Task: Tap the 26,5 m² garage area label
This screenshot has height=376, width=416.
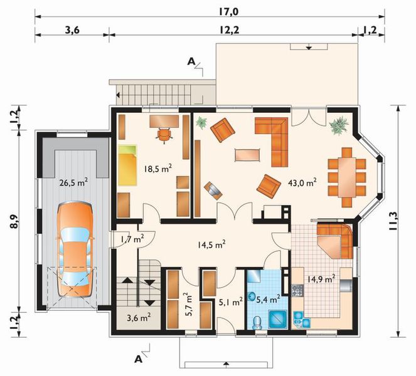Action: coord(73,183)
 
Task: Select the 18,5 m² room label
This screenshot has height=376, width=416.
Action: coord(157,169)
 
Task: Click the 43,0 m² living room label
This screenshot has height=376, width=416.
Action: coord(303,182)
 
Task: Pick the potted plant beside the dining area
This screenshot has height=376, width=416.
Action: coord(339,126)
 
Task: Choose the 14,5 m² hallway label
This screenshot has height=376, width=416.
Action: coord(211,245)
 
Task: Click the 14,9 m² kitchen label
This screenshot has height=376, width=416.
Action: coord(320,278)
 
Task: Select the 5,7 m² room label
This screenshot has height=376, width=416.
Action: coord(186,304)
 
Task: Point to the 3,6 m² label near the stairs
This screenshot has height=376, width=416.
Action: coord(138,318)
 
